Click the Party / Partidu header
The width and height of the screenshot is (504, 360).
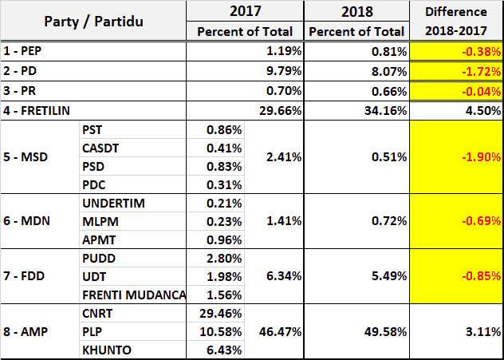pyautogui.click(x=93, y=22)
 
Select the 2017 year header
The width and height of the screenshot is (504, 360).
pyautogui.click(x=245, y=12)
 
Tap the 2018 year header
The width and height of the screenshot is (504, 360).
pyautogui.click(x=356, y=12)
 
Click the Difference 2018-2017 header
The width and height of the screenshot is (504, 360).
pyautogui.click(x=456, y=21)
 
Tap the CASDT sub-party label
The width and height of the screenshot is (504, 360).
pyautogui.click(x=101, y=148)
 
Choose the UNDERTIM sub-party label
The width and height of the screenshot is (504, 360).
pyautogui.click(x=113, y=203)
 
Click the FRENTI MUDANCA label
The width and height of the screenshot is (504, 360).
pyautogui.click(x=134, y=295)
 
